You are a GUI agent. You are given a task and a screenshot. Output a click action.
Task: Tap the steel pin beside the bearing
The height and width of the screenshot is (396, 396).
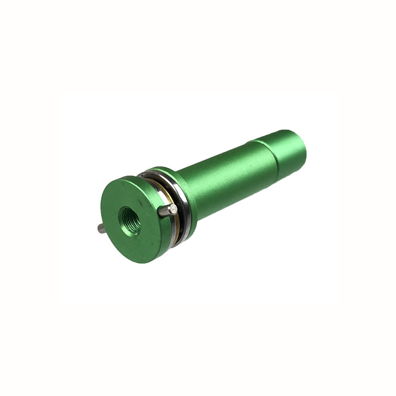(x=166, y=210)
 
